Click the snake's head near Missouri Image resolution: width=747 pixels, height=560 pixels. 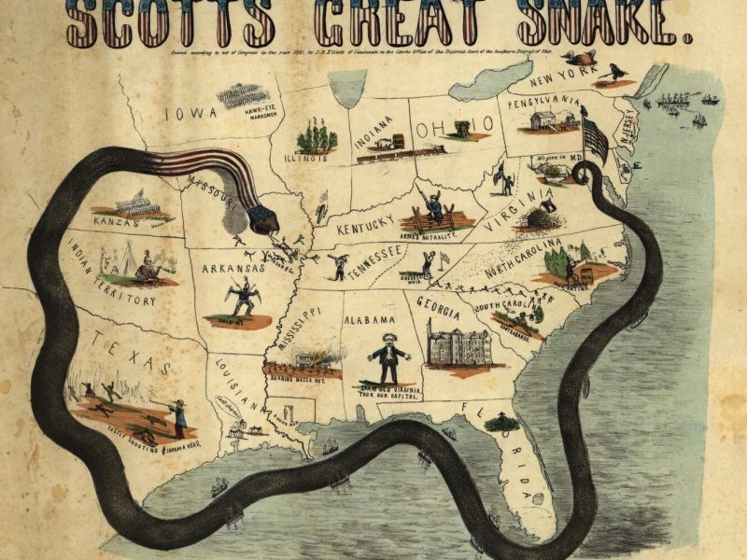(262, 220)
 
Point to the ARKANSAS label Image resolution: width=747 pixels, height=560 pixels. (234, 268)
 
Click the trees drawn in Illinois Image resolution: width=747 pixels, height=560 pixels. (317, 138)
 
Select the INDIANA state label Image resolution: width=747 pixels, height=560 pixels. (373, 135)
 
